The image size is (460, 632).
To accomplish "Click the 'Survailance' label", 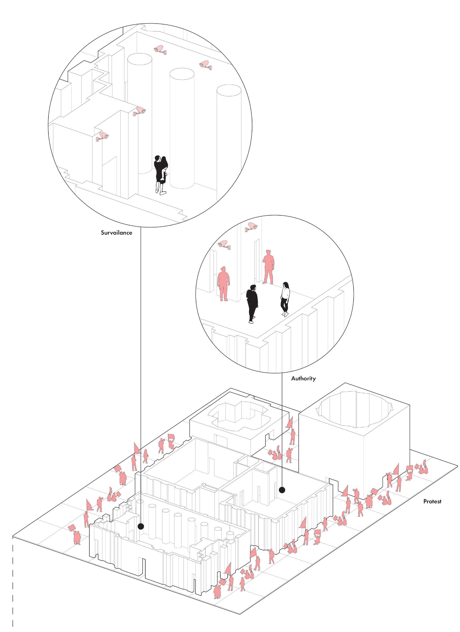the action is coord(116,233).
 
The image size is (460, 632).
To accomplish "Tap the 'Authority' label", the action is coord(303,378).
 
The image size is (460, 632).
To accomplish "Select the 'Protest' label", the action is coord(432,501).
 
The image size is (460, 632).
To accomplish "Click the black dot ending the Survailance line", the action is coord(141,526).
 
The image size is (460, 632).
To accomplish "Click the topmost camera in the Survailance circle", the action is coord(160,50).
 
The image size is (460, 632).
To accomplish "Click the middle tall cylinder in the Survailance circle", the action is coord(182,128).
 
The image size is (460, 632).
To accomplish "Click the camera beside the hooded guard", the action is coord(224,244).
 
